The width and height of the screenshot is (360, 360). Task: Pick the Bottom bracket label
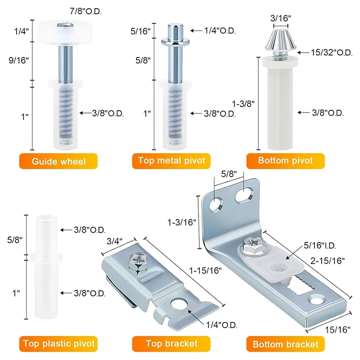coord(286,345)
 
